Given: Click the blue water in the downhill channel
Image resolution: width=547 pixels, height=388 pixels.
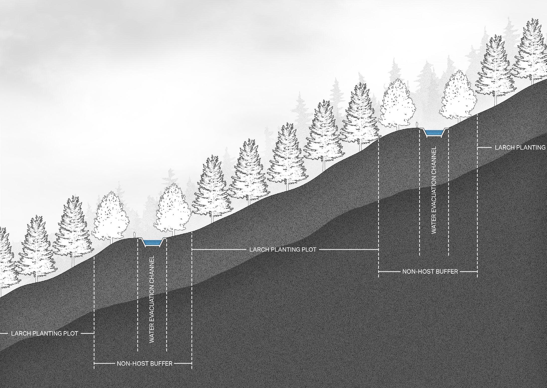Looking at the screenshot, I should click(x=152, y=242).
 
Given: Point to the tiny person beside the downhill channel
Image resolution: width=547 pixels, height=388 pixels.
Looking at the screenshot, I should click(x=135, y=235).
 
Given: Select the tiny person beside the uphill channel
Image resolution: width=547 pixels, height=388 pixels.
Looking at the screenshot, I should click(x=417, y=125).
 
